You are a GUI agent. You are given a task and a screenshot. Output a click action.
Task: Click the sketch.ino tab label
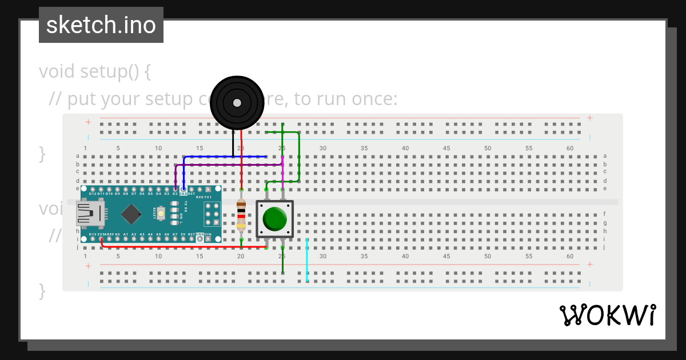(101, 25)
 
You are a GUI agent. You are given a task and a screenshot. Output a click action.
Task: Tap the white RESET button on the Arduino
(162, 214)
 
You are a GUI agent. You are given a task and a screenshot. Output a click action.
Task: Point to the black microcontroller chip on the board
(131, 214)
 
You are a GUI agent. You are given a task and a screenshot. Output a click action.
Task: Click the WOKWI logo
(607, 315)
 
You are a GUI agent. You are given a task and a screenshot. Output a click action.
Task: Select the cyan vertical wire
(307, 260)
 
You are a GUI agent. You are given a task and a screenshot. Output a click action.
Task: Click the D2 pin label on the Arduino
(175, 194)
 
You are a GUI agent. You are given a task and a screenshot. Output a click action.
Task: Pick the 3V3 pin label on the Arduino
(101, 234)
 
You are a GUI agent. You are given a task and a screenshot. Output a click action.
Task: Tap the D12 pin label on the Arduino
(93, 194)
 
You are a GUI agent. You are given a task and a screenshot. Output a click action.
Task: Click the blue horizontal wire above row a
(229, 156)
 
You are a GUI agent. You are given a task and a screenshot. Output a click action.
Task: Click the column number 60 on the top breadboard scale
(570, 149)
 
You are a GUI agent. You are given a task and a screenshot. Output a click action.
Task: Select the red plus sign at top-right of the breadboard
(589, 118)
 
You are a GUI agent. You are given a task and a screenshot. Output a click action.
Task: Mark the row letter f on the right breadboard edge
(605, 214)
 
